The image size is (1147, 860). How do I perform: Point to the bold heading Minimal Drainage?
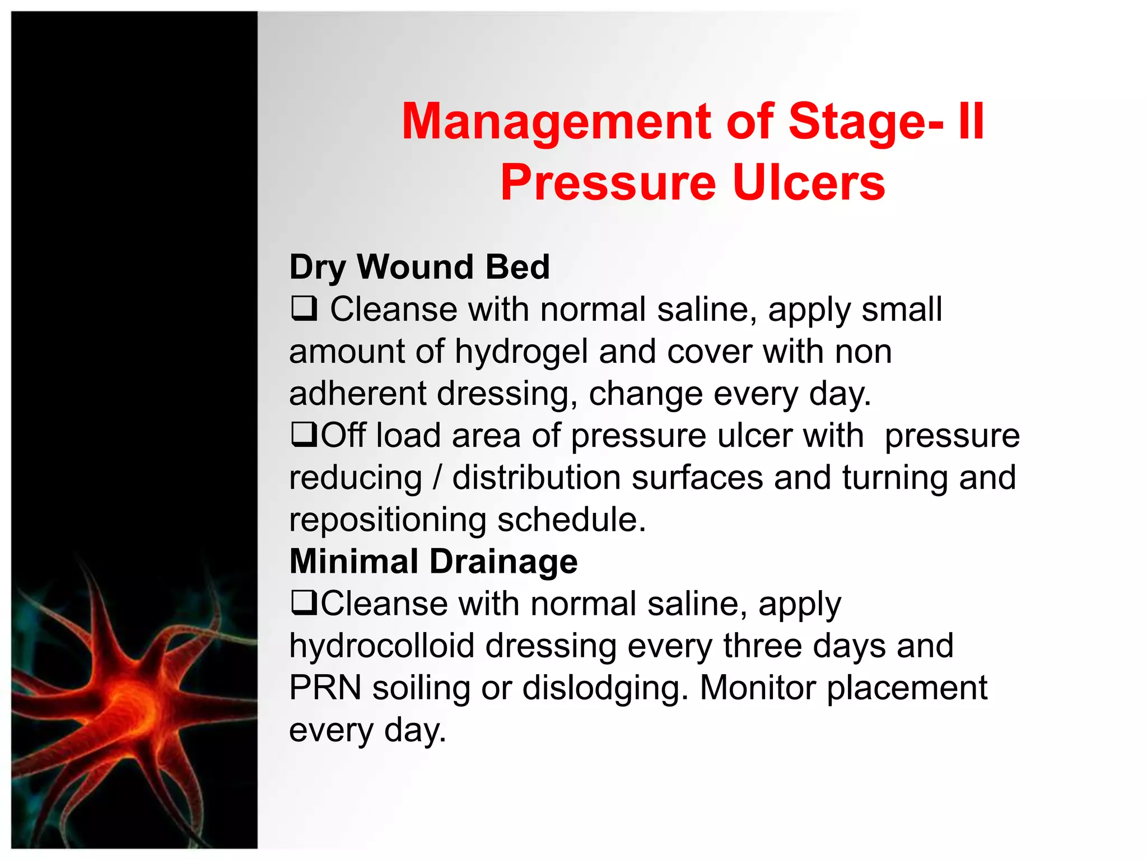click(433, 561)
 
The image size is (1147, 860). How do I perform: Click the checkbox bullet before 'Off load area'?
click(304, 435)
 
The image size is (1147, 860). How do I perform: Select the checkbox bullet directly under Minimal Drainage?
click(304, 603)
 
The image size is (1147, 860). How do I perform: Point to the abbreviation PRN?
click(325, 688)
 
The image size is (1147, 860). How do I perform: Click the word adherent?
click(357, 393)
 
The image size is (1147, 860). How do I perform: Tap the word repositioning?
click(388, 520)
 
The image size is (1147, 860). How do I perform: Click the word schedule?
click(571, 520)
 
